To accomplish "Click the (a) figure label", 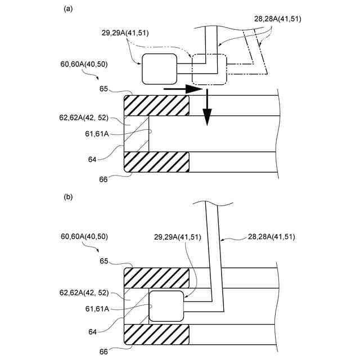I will (68, 8).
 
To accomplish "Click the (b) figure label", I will (68, 197).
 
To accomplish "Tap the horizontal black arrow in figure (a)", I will (183, 89).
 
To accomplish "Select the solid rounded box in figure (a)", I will (159, 69).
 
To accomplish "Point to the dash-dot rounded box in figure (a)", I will (209, 69).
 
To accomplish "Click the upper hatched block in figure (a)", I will (156, 105).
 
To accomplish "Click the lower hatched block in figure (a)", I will (156, 162).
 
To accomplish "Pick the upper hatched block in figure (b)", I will (156, 277).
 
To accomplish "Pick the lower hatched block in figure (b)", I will (156, 335).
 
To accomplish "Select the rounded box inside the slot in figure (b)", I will (167, 306).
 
